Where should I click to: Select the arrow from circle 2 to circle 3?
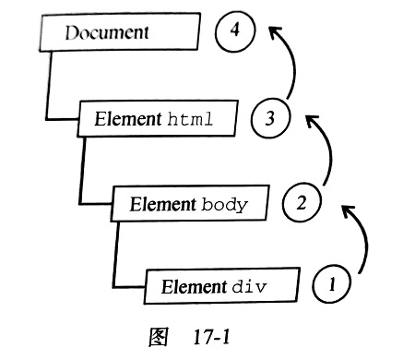[325, 152]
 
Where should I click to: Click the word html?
[191, 118]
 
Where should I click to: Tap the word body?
[224, 204]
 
